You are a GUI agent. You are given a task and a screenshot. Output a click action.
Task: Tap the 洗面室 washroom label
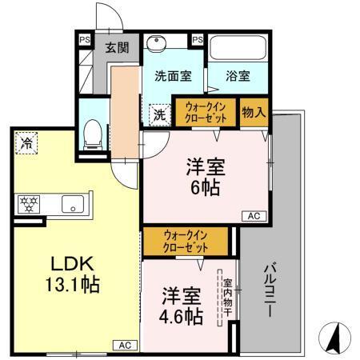tap(172, 77)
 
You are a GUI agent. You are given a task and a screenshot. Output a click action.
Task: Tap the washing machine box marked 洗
tap(159, 114)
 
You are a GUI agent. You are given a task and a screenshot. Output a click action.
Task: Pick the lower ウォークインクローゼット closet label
tap(186, 240)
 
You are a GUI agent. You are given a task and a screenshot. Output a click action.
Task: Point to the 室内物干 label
tap(227, 295)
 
